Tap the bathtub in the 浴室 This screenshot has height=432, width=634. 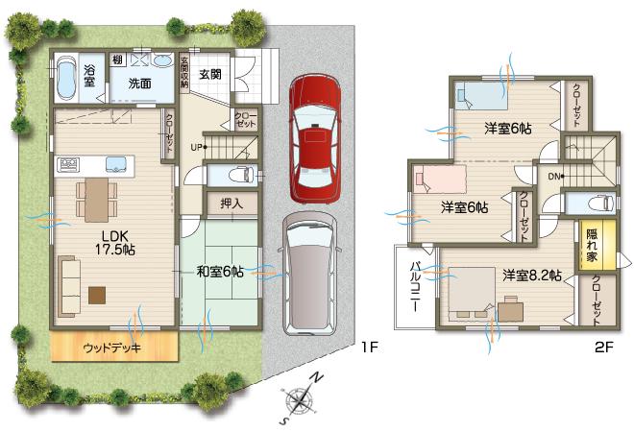tap(66, 80)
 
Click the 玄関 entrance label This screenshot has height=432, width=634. tap(211, 74)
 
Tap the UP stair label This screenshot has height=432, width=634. tap(197, 147)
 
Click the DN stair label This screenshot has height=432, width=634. tap(555, 177)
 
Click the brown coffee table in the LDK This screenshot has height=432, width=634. tap(97, 295)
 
